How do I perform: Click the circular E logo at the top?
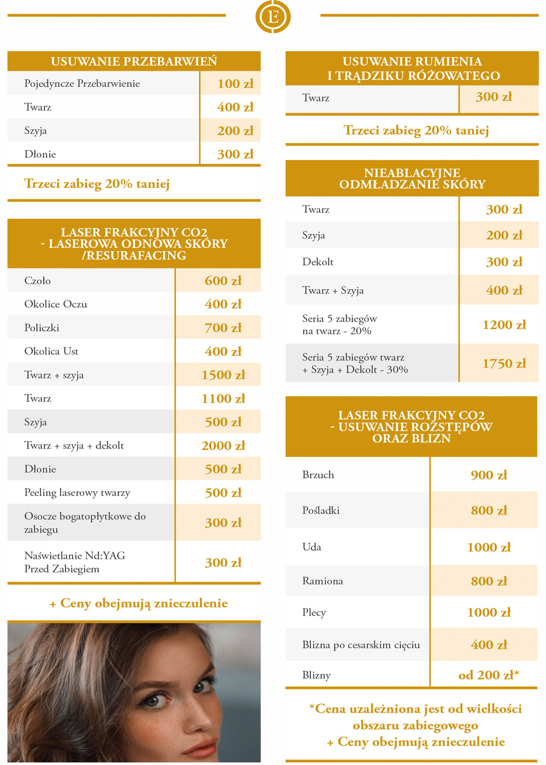pos(273,16)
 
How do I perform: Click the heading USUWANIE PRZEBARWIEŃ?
pos(134,61)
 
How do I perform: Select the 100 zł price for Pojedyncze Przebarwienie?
pos(235,83)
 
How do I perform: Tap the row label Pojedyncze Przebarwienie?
pos(82,83)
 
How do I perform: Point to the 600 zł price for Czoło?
pos(223,280)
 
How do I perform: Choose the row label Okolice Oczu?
pos(56,304)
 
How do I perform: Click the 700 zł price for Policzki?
pos(223,327)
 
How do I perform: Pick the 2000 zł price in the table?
pos(223,445)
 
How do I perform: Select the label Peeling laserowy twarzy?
pos(77,493)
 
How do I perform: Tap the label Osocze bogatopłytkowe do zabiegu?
pos(85,522)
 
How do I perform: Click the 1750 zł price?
pos(504,363)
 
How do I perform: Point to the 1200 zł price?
pos(504,325)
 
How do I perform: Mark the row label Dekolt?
pos(318,262)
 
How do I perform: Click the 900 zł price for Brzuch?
pos(489,475)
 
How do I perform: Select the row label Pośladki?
pos(321,510)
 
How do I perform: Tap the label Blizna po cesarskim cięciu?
pos(361,645)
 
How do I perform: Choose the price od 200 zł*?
pos(489,675)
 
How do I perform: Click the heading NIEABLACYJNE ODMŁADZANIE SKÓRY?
pos(412,178)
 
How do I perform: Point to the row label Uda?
pos(312,547)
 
